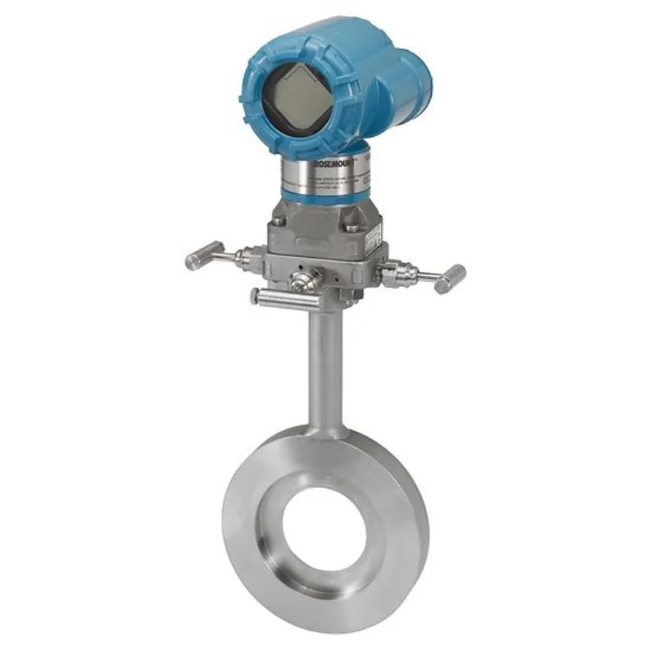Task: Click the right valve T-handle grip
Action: pos(449,279)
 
